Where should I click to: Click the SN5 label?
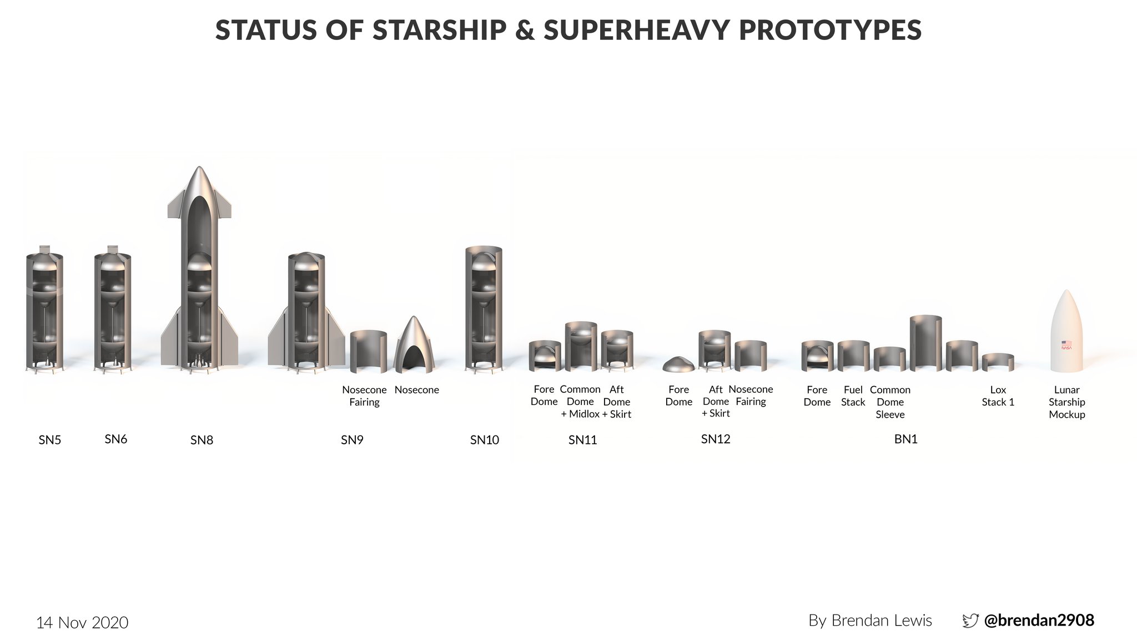[49, 440]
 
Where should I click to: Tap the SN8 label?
[202, 440]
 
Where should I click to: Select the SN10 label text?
[484, 440]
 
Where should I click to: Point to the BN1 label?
[905, 439]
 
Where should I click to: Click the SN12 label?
[715, 439]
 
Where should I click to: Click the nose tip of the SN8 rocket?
[199, 169]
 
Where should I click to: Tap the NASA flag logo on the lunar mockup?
[1066, 344]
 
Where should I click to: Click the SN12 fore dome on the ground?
[678, 364]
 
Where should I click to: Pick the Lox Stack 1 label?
[998, 396]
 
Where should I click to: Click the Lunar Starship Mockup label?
[1066, 402]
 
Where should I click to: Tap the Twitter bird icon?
[970, 621]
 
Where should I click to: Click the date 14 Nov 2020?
[82, 622]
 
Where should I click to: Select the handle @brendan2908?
[1039, 620]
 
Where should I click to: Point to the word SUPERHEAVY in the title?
[636, 31]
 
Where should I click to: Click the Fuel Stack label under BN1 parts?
[853, 396]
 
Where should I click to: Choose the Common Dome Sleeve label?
[890, 402]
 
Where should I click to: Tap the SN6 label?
[115, 439]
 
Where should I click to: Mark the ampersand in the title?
[525, 31]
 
